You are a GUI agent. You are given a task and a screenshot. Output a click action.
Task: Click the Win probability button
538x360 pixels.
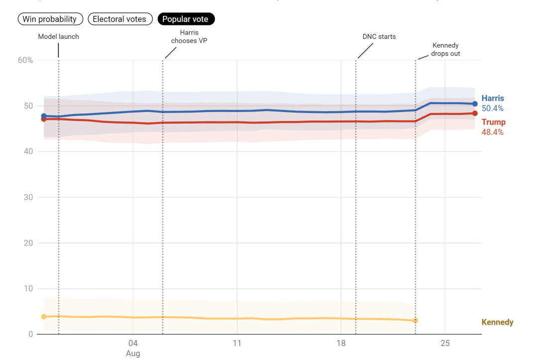click(50, 19)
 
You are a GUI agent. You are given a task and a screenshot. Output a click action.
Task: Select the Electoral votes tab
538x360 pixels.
click(120, 19)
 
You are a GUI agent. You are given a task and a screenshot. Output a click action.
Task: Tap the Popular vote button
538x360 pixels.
click(186, 19)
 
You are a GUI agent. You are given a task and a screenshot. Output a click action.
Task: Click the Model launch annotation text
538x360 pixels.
click(58, 37)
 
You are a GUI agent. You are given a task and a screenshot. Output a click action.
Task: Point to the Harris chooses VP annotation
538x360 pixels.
click(189, 37)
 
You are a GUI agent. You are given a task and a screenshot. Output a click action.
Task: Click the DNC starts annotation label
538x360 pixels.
click(379, 37)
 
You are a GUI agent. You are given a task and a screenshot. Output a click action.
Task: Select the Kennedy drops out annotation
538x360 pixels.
click(445, 49)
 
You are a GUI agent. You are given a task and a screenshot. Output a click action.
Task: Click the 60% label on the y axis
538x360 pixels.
click(25, 60)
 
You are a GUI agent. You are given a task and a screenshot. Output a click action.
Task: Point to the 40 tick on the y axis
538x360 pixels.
click(28, 151)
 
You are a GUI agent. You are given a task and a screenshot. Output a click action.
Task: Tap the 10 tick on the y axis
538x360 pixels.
click(28, 289)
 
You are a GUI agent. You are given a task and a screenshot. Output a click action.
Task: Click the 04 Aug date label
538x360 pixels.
click(133, 348)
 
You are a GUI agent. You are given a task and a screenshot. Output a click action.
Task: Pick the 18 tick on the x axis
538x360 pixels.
click(341, 343)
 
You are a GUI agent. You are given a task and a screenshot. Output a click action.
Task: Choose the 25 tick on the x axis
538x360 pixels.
click(445, 343)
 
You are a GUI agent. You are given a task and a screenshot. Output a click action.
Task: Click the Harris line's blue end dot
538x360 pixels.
click(475, 104)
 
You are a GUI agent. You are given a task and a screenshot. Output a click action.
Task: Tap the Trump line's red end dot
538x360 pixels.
click(475, 113)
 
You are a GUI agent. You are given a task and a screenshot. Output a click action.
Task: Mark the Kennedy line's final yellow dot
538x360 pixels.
click(415, 321)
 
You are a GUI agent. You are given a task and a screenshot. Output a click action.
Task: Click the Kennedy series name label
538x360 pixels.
click(498, 322)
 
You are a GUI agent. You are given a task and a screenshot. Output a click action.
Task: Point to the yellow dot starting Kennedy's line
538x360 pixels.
click(43, 317)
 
